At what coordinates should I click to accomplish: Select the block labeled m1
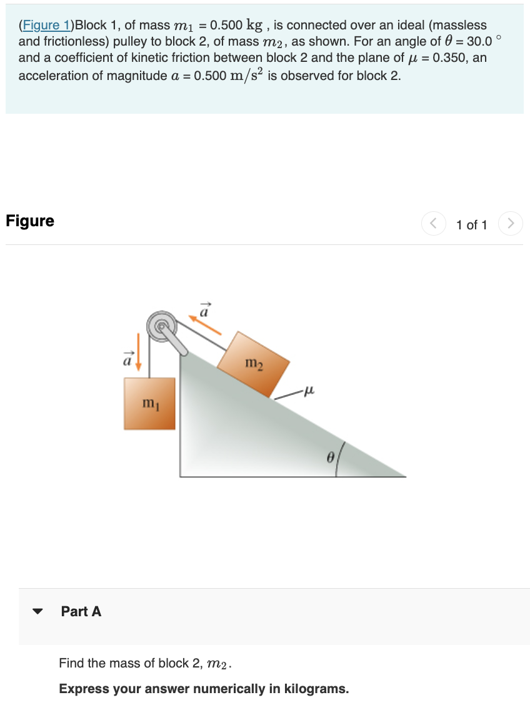click(x=149, y=403)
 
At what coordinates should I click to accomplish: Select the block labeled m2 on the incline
click(x=253, y=364)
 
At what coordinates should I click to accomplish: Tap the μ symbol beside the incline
click(x=306, y=391)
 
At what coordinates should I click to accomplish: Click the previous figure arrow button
click(x=433, y=224)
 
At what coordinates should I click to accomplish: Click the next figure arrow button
click(x=511, y=224)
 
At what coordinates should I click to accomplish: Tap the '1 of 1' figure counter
click(x=471, y=224)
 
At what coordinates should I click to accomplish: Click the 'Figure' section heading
click(x=30, y=221)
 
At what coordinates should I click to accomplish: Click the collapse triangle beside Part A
click(x=39, y=612)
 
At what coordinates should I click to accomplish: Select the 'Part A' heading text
click(x=81, y=612)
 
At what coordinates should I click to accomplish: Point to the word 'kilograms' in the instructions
click(x=316, y=689)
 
